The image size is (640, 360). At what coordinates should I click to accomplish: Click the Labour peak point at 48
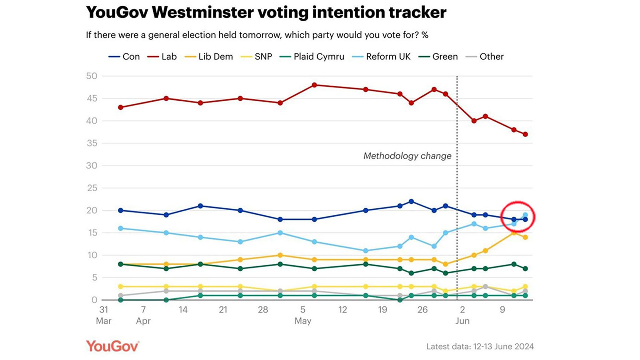point(314,85)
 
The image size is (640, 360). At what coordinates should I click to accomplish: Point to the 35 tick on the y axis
point(92,143)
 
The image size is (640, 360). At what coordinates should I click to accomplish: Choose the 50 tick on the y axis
point(92,76)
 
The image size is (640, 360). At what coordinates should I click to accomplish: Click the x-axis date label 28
point(263,310)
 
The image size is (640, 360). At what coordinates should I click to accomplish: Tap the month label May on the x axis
point(302,321)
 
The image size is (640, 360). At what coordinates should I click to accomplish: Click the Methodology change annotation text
point(407,156)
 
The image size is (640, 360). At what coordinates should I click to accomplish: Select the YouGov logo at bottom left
point(112,346)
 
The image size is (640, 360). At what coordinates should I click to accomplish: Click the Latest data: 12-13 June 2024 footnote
point(480,346)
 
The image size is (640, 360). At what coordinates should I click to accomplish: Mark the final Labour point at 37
point(525,134)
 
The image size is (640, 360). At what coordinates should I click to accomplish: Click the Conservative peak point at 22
point(411,202)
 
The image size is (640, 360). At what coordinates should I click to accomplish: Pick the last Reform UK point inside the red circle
point(525,215)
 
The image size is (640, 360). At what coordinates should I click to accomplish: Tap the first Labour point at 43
point(121,107)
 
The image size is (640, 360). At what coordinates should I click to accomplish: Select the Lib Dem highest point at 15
point(514,233)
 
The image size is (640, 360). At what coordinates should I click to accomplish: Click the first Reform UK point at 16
point(121,228)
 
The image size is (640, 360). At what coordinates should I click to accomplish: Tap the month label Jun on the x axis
point(462,321)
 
